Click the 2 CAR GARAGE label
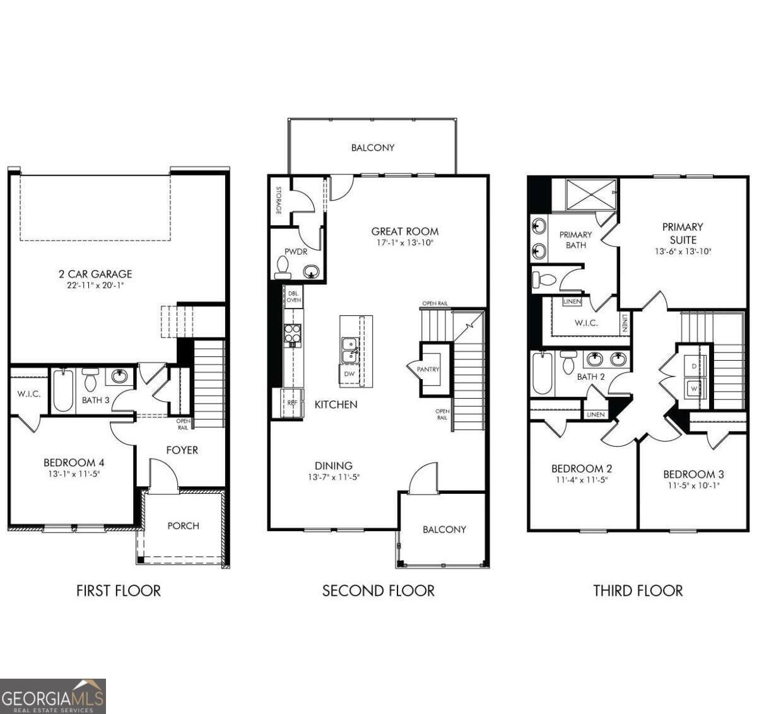point(95,274)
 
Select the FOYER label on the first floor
point(182,450)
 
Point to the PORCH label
point(183,525)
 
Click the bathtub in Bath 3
point(63,391)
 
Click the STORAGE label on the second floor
point(278,200)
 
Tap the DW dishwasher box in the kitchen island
point(349,374)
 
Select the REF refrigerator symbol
point(291,402)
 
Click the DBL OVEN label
point(293,296)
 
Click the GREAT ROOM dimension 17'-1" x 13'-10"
point(404,242)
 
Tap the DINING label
point(334,466)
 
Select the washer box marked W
point(694,389)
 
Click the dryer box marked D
point(694,366)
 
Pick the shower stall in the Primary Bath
point(590,194)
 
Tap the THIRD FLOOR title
point(638,591)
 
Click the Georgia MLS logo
point(53,696)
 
